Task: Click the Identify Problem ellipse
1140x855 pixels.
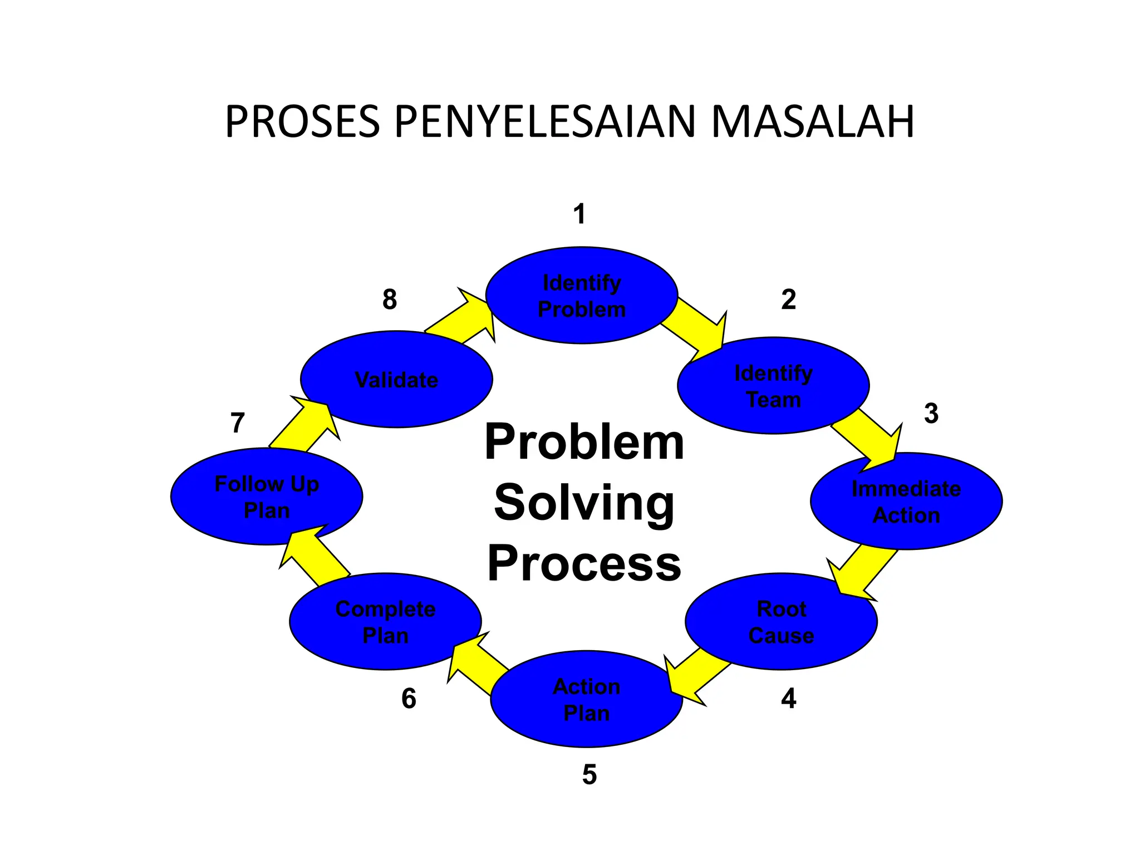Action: pos(582,296)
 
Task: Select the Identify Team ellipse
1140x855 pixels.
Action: pos(773,386)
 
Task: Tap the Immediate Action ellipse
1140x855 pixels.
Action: pos(906,502)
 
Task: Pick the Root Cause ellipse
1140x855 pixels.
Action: pos(781,622)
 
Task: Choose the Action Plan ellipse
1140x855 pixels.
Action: pos(587,699)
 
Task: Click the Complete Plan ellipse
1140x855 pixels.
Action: pos(385,622)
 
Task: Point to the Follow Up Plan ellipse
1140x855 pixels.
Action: pos(267,497)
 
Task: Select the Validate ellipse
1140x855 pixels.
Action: pos(396,380)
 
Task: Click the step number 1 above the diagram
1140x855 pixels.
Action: pos(579,214)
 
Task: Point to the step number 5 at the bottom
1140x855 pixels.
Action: pos(589,774)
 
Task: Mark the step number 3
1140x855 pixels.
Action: pos(931,414)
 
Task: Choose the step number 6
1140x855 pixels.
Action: pos(409,699)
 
